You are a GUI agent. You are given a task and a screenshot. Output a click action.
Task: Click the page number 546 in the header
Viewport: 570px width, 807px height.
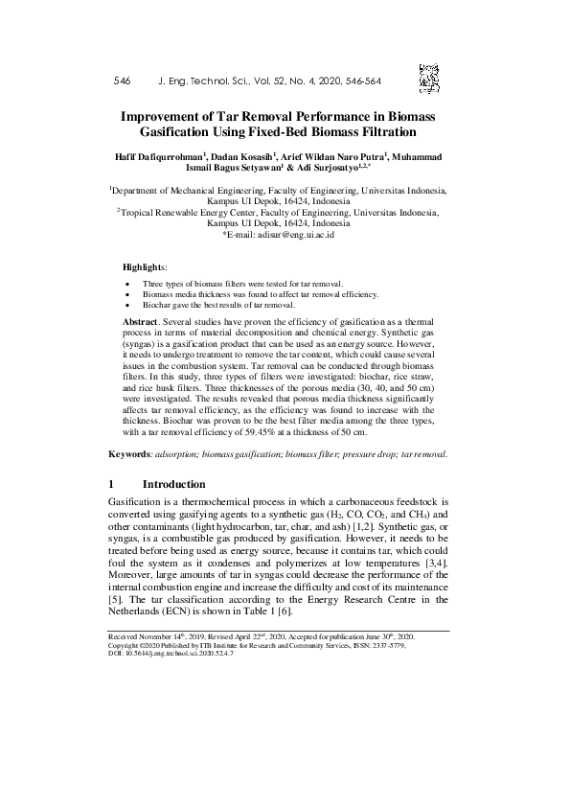pyautogui.click(x=122, y=81)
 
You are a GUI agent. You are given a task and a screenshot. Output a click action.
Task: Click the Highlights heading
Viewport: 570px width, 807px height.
pyautogui.click(x=145, y=265)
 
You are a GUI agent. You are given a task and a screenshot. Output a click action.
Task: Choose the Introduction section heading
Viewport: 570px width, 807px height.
pyautogui.click(x=173, y=484)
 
